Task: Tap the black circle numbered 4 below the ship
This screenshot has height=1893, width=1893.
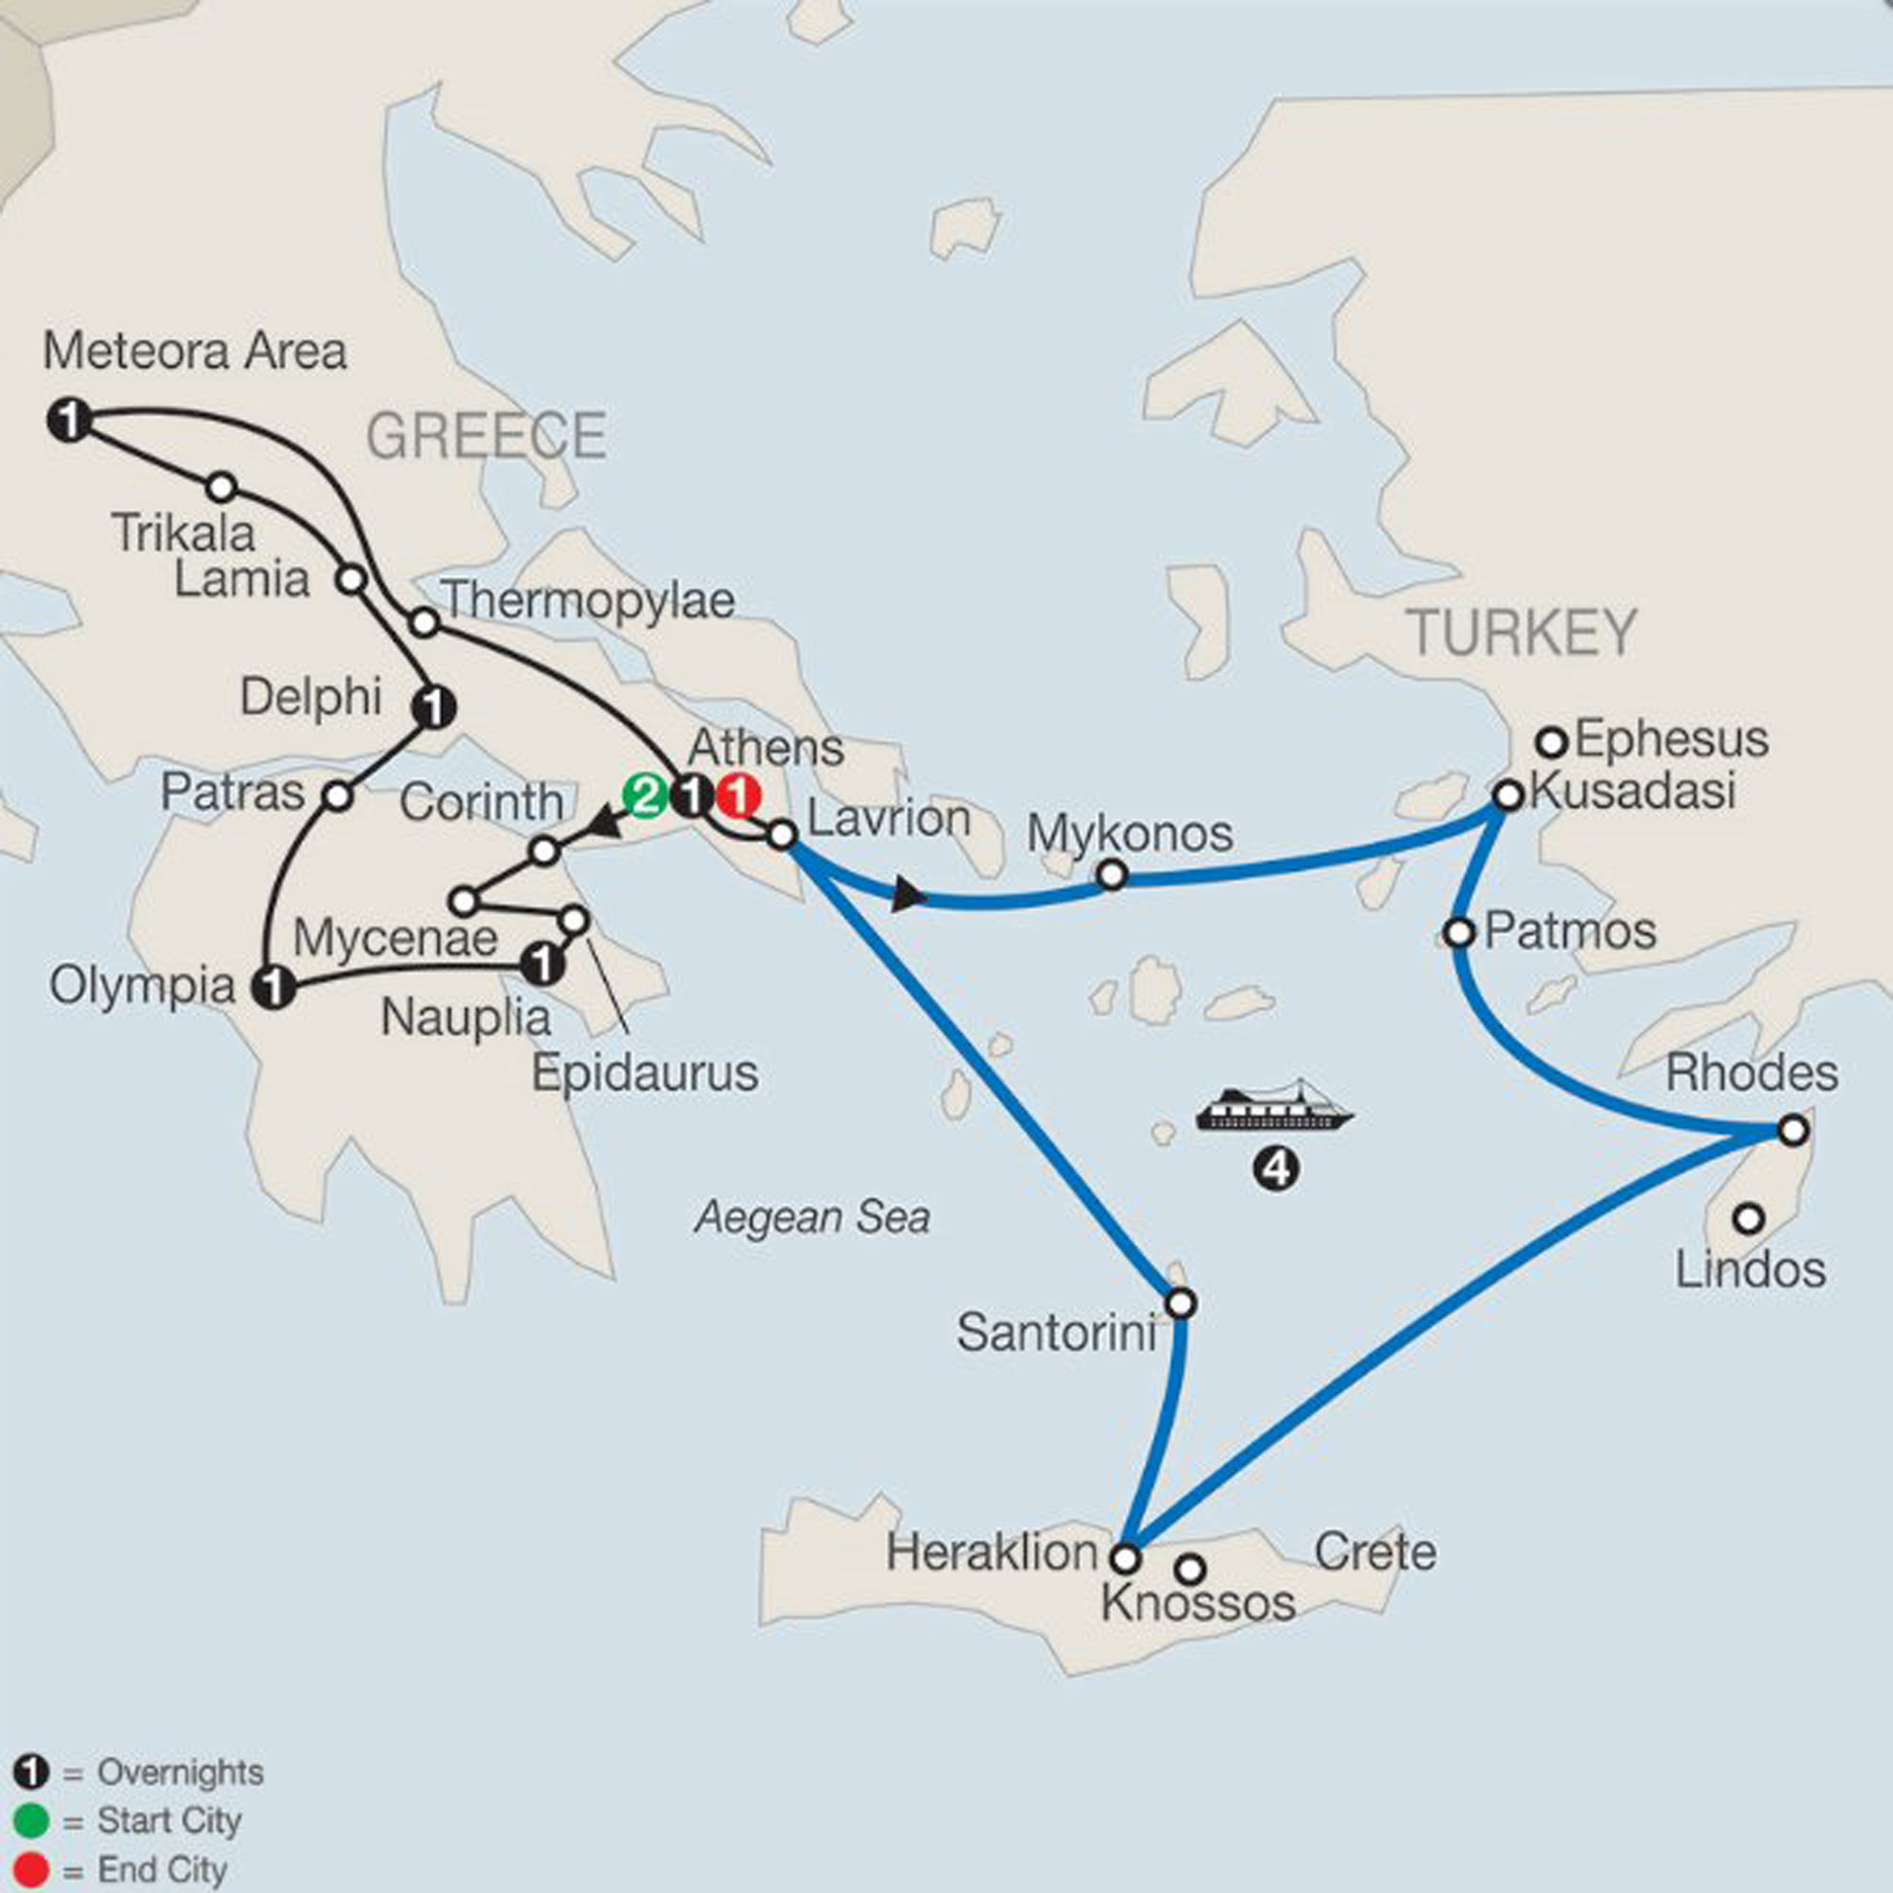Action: click(x=1276, y=1169)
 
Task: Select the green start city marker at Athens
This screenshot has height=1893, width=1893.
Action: click(x=645, y=796)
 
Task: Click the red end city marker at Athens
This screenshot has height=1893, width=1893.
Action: click(x=738, y=796)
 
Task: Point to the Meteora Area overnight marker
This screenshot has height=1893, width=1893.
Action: click(x=69, y=421)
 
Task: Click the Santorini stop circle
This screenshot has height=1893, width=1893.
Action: click(x=1181, y=1303)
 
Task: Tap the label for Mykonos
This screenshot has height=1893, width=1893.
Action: click(x=1130, y=834)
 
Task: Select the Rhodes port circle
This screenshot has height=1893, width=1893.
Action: click(x=1793, y=1130)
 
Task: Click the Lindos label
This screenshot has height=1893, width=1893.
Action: click(x=1750, y=1269)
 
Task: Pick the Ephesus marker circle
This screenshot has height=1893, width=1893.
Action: click(x=1553, y=740)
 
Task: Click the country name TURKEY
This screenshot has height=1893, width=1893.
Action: click(x=1521, y=633)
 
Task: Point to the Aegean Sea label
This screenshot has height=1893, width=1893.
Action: click(x=812, y=1218)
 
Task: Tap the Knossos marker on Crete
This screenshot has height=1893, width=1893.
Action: click(x=1191, y=1568)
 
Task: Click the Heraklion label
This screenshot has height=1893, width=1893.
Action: click(x=991, y=1553)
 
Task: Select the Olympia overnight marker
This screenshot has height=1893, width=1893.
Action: click(x=273, y=986)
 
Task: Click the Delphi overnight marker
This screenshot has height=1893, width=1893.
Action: click(x=433, y=706)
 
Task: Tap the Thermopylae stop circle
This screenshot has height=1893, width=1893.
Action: click(x=424, y=622)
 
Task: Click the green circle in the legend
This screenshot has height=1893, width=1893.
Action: click(x=32, y=1820)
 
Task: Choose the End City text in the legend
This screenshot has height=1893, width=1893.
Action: click(x=163, y=1869)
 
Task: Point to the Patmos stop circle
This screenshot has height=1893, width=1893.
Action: click(x=1459, y=932)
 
